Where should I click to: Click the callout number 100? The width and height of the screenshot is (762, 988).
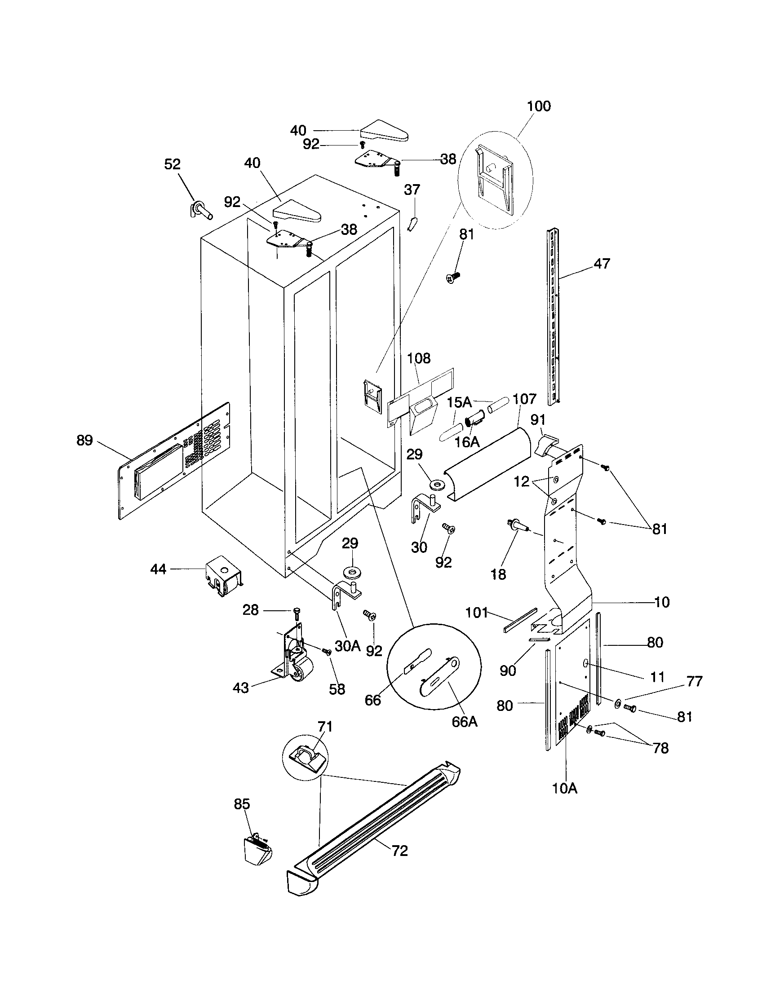pyautogui.click(x=538, y=106)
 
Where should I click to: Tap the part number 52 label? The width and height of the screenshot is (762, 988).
pyautogui.click(x=172, y=164)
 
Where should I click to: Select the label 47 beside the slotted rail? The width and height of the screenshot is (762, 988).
pyautogui.click(x=601, y=263)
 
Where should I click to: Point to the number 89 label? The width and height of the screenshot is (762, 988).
pyautogui.click(x=84, y=440)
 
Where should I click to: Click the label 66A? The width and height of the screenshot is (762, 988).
pyautogui.click(x=465, y=722)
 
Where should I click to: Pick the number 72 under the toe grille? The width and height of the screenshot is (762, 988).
pyautogui.click(x=399, y=851)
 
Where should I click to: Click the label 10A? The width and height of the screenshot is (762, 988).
pyautogui.click(x=565, y=789)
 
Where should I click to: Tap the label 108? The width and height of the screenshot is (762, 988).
pyautogui.click(x=419, y=358)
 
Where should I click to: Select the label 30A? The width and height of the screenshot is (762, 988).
pyautogui.click(x=347, y=646)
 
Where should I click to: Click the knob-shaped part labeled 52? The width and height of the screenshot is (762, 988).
pyautogui.click(x=201, y=211)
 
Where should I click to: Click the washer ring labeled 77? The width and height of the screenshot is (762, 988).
pyautogui.click(x=617, y=704)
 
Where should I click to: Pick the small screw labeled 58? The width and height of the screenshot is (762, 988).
pyautogui.click(x=326, y=652)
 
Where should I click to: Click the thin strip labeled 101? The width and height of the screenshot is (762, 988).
pyautogui.click(x=520, y=620)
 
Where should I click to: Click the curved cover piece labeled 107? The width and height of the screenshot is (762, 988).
pyautogui.click(x=489, y=461)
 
